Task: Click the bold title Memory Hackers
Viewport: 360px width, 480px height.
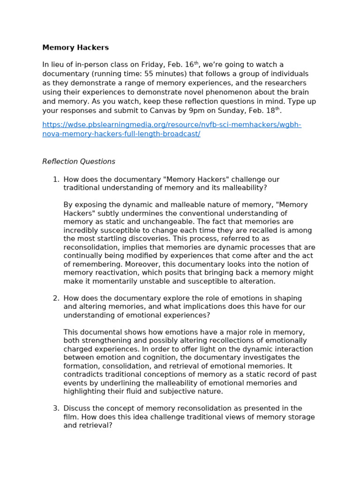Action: point(75,48)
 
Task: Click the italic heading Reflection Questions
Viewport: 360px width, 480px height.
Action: point(79,162)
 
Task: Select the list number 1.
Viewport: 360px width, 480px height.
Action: point(55,180)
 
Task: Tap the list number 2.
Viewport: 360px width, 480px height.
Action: point(55,299)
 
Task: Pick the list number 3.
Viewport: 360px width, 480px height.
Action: point(55,409)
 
